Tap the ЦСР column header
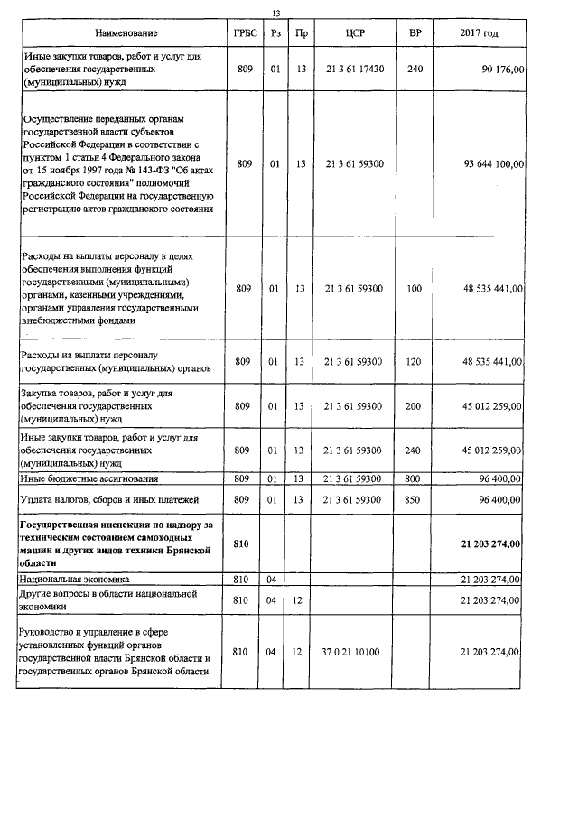[353, 33]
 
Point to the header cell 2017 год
[478, 33]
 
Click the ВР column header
[415, 33]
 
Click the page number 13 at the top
[276, 12]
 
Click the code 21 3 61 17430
[353, 69]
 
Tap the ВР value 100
[415, 289]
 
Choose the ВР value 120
[415, 362]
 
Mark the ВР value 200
[415, 406]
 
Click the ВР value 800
[415, 478]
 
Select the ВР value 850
[415, 498]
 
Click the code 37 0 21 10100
[353, 651]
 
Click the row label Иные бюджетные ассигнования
[89, 478]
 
